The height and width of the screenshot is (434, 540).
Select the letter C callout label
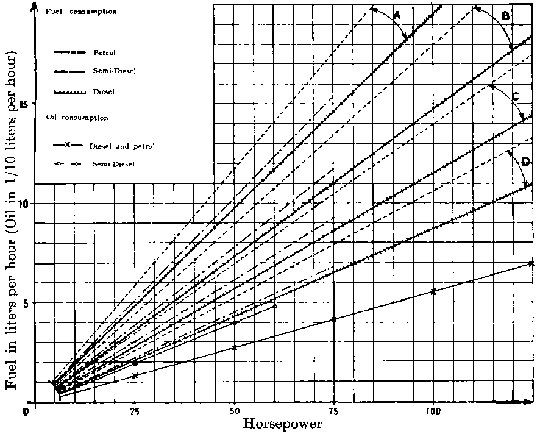[516, 96]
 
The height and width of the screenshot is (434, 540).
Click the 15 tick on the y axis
[23, 104]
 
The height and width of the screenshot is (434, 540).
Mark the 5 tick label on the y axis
[24, 303]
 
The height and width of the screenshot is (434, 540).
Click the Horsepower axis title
[283, 424]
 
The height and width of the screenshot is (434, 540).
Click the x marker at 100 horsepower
[433, 292]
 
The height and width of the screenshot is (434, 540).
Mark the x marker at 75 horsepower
[334, 319]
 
